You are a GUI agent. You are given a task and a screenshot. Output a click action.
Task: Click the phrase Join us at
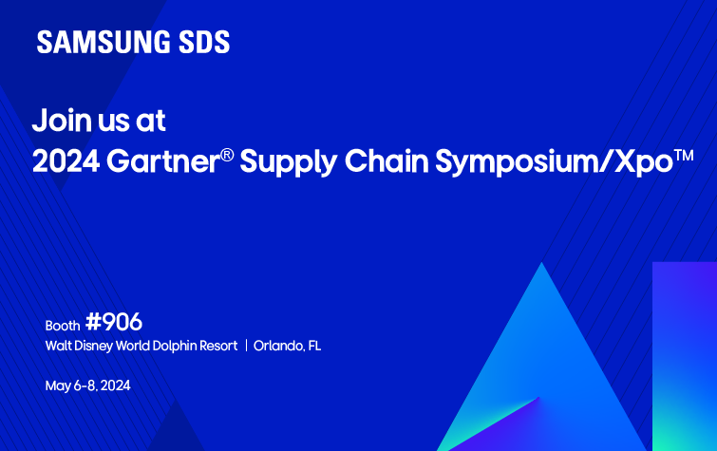point(99,121)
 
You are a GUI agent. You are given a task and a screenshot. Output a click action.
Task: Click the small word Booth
point(63,325)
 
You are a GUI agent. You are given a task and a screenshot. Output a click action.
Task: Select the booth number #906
point(113,322)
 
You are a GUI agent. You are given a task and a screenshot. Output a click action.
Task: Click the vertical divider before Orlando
point(246,346)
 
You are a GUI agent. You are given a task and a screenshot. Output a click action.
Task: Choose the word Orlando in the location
point(276,346)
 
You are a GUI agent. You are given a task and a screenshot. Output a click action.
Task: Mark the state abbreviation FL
point(313,346)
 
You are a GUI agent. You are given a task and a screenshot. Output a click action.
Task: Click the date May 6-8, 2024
point(87,386)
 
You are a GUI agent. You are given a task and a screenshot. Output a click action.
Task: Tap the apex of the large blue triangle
point(542,266)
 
